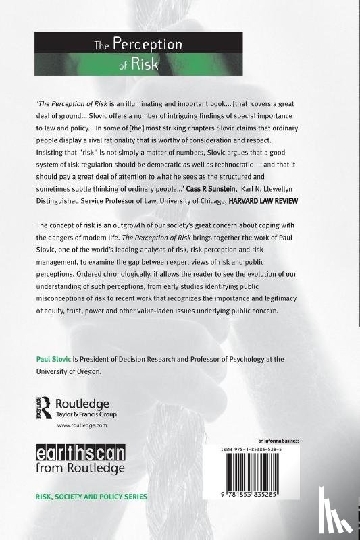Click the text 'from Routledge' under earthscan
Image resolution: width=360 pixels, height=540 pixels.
coord(80,467)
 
